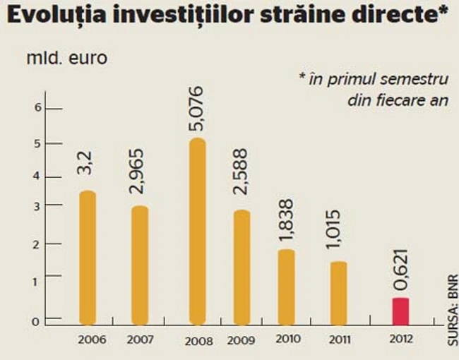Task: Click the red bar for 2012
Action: coord(400,311)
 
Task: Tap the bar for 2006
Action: coord(87,258)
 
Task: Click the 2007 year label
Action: coord(140,340)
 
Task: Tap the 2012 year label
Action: coord(400,338)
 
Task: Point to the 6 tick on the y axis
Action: coord(40,108)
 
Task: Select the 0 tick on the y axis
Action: coord(40,321)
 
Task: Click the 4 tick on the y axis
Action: coord(40,176)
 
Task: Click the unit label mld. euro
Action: coord(67,58)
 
